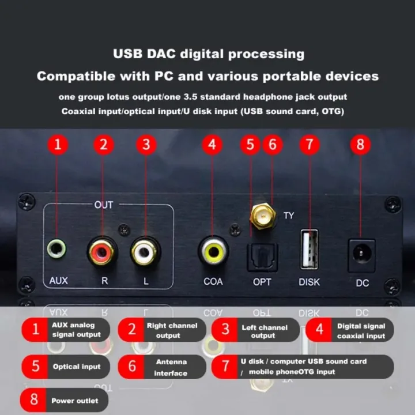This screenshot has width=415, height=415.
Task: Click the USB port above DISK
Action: tap(309, 249)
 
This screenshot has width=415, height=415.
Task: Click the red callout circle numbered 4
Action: tap(213, 144)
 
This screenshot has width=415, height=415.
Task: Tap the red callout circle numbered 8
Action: tap(360, 144)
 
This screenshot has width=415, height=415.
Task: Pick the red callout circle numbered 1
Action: tap(57, 144)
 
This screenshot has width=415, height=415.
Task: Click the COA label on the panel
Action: tap(213, 281)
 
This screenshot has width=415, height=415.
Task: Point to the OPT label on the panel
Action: tap(262, 282)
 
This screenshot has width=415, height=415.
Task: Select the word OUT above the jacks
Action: tap(104, 205)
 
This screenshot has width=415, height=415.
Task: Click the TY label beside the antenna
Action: tap(289, 216)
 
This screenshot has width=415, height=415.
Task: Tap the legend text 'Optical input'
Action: tap(77, 367)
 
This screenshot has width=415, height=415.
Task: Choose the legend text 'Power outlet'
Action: tap(74, 401)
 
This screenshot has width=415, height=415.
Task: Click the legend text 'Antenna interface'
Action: tap(171, 367)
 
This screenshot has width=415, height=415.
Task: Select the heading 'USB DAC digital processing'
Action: tap(208, 54)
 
